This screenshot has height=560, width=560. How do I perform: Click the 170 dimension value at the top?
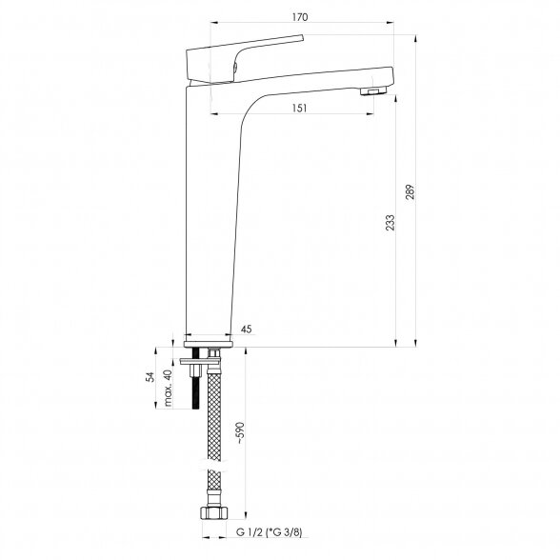coord(300,17)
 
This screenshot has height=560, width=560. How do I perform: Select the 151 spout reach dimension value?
coord(299,108)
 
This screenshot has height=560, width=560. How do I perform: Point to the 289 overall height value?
coord(410,191)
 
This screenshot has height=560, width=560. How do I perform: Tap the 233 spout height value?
coord(390,222)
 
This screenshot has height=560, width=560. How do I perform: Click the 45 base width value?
coord(246,329)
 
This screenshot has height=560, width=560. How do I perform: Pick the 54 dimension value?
coord(150,377)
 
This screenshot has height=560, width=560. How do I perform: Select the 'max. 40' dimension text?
coord(168,389)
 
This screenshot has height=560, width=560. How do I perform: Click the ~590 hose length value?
coord(241,432)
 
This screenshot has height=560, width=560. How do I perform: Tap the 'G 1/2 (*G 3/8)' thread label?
coord(269,532)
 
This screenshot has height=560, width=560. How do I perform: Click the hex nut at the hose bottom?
coord(214,512)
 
